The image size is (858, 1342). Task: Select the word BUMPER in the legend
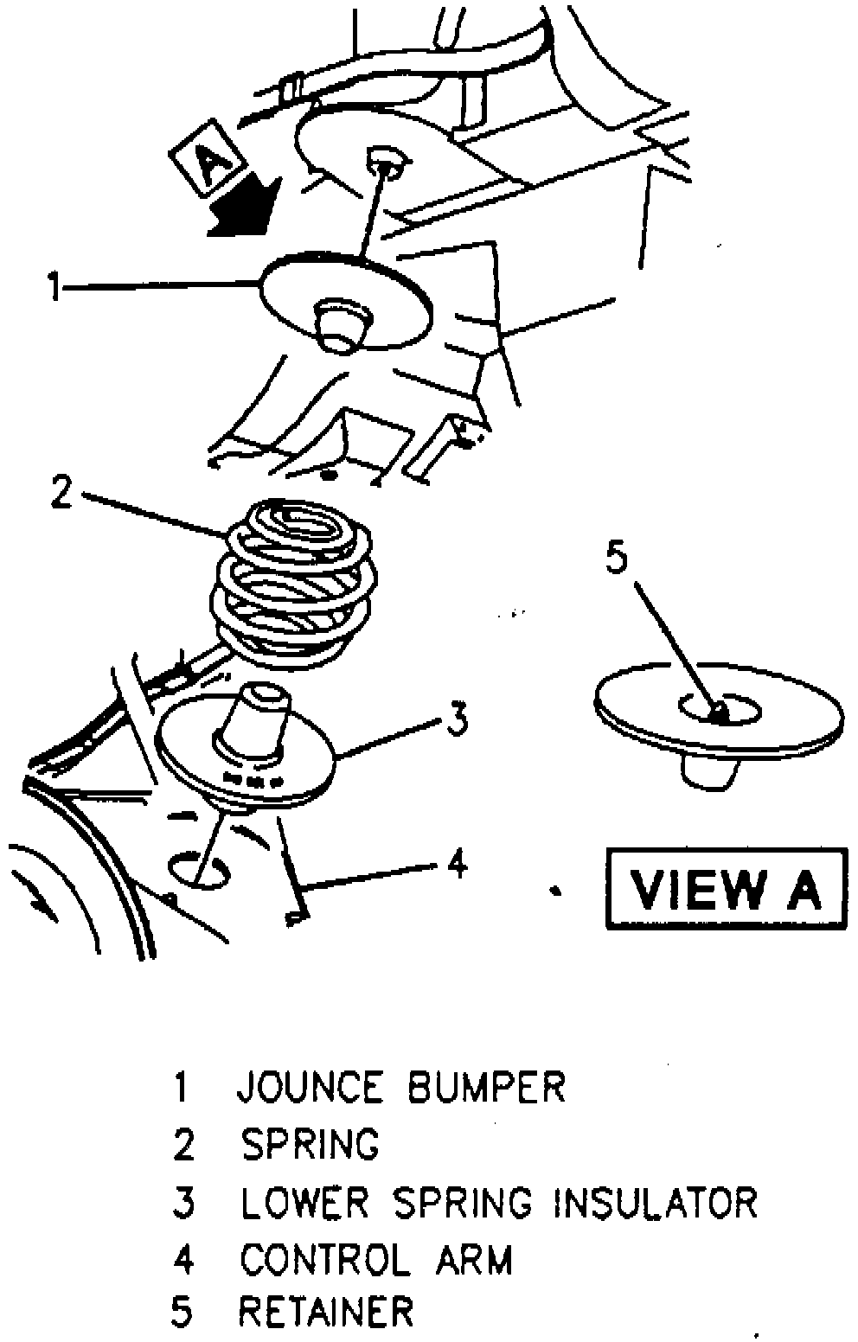487,1087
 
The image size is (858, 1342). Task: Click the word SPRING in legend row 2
311,1144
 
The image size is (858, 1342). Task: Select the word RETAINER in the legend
327,1312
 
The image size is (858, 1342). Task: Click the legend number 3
183,1202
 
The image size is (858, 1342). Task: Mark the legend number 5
182,1312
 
